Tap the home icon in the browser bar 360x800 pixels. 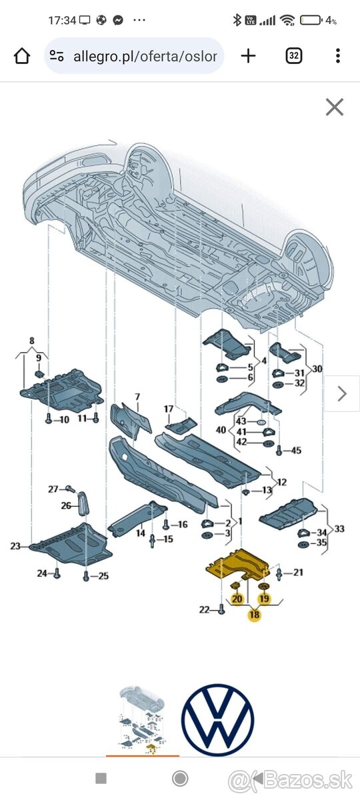click(22, 56)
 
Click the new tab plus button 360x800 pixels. click(248, 56)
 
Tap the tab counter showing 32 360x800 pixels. click(294, 56)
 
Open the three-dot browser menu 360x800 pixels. click(337, 56)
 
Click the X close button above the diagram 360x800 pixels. click(335, 107)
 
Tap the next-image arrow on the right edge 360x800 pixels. click(342, 394)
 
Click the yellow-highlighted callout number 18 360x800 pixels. click(254, 614)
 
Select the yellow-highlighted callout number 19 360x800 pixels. click(264, 598)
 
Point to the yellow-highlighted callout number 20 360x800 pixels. click(237, 599)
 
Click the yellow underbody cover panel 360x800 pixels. click(237, 564)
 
